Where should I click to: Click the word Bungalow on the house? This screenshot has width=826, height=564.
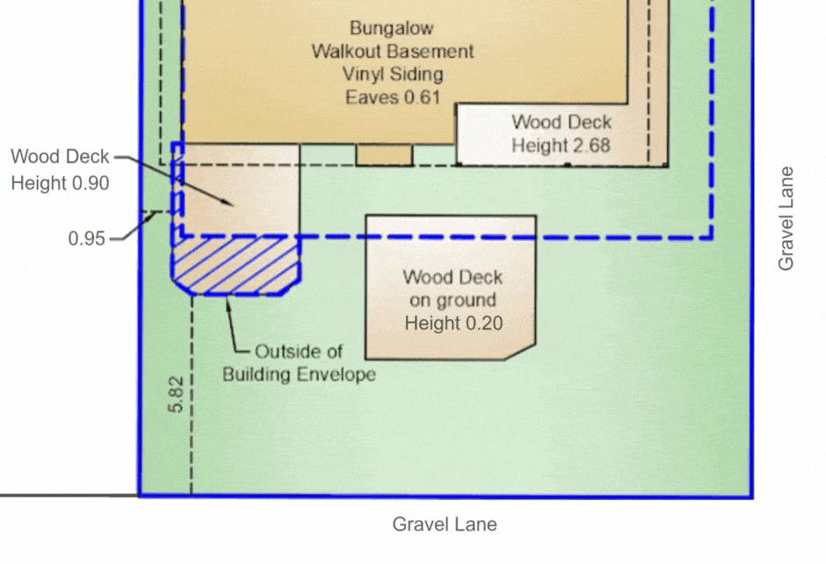(391, 28)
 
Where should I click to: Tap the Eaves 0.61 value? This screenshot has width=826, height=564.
(393, 97)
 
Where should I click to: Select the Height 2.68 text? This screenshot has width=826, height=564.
(561, 145)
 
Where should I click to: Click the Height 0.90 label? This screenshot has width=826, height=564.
(60, 183)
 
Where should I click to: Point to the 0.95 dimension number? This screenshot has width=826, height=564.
(87, 238)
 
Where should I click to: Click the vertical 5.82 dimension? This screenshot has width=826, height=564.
(176, 394)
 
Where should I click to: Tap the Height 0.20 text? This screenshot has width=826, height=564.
(453, 323)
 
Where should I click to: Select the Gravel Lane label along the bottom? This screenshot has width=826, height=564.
(445, 524)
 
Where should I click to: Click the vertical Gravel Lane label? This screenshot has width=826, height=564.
(786, 218)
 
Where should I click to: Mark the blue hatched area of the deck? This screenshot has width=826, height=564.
(235, 266)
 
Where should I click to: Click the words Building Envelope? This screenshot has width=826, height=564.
(300, 375)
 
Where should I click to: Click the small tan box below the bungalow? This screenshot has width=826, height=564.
(384, 155)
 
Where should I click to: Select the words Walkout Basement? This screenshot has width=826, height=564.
(393, 51)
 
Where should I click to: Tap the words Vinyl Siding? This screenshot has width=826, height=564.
(393, 74)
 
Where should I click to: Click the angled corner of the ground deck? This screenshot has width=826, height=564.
(520, 353)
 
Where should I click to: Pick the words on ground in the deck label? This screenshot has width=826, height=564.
(453, 300)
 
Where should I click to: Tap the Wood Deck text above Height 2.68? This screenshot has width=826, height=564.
(562, 122)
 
